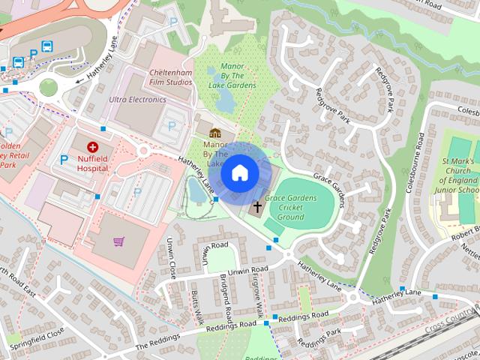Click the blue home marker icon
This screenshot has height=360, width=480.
(x=239, y=173)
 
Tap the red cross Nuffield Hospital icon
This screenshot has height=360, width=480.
(x=93, y=148)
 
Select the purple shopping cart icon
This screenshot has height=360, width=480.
(x=118, y=241)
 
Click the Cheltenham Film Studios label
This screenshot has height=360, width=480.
(x=168, y=78)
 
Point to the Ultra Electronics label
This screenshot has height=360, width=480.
(x=137, y=99)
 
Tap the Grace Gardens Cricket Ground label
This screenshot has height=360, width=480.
(x=290, y=208)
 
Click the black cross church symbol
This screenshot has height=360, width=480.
(x=257, y=206)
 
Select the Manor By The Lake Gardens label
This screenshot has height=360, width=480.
(x=232, y=76)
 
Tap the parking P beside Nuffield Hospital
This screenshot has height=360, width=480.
(x=64, y=159)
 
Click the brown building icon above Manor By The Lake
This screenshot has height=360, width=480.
(x=214, y=133)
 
